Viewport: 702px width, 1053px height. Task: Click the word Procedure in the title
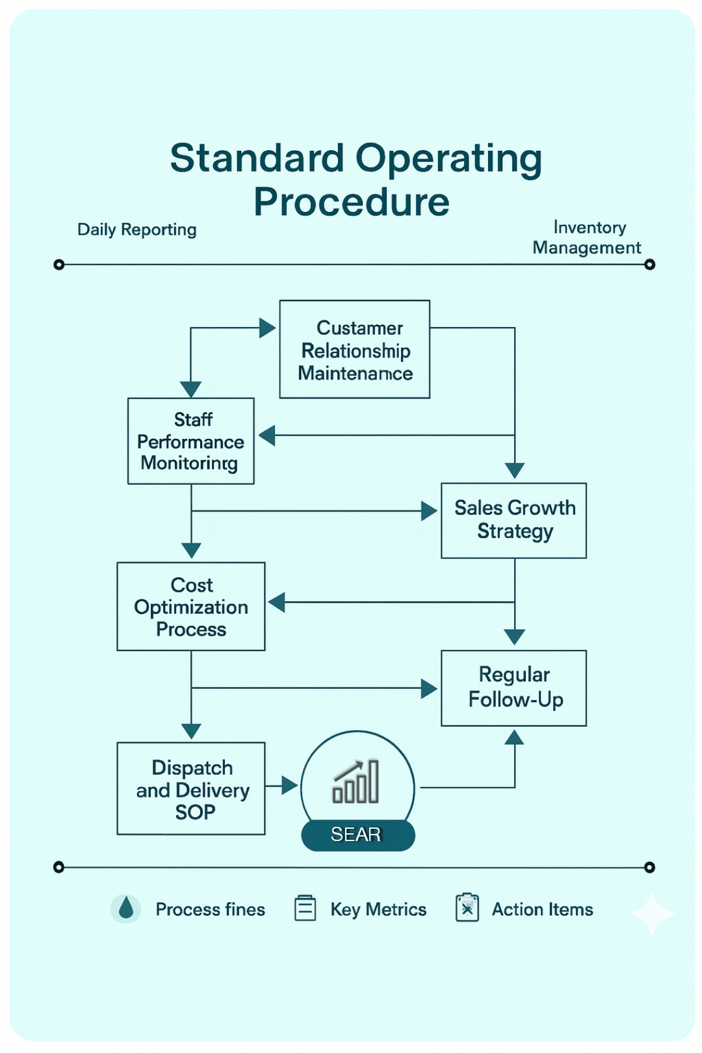point(351,201)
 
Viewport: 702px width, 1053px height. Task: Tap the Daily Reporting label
point(136,229)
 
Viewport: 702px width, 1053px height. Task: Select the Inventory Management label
point(587,237)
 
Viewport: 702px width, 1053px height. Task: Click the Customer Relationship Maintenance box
point(355,349)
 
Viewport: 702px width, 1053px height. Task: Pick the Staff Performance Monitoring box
point(190,441)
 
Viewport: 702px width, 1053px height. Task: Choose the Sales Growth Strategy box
point(514,520)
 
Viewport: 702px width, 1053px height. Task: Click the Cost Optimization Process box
point(191,606)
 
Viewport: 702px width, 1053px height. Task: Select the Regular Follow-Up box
point(514,688)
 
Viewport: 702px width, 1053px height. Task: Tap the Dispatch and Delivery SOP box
point(191,788)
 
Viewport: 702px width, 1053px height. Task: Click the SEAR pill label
point(357,835)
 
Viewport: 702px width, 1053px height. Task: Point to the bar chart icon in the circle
point(356,782)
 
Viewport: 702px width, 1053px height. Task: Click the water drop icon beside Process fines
point(126,909)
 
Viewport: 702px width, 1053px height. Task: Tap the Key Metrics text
point(378,909)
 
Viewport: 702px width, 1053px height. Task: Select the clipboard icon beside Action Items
point(467,908)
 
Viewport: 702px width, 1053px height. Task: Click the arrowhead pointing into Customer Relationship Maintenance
point(268,328)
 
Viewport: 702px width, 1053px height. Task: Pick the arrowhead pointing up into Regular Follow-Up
point(514,737)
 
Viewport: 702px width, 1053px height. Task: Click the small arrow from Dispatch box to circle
point(289,786)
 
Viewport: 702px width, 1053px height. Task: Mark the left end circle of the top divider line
point(59,265)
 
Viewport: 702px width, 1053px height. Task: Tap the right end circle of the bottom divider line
point(649,867)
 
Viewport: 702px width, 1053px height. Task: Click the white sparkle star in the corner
point(652,914)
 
